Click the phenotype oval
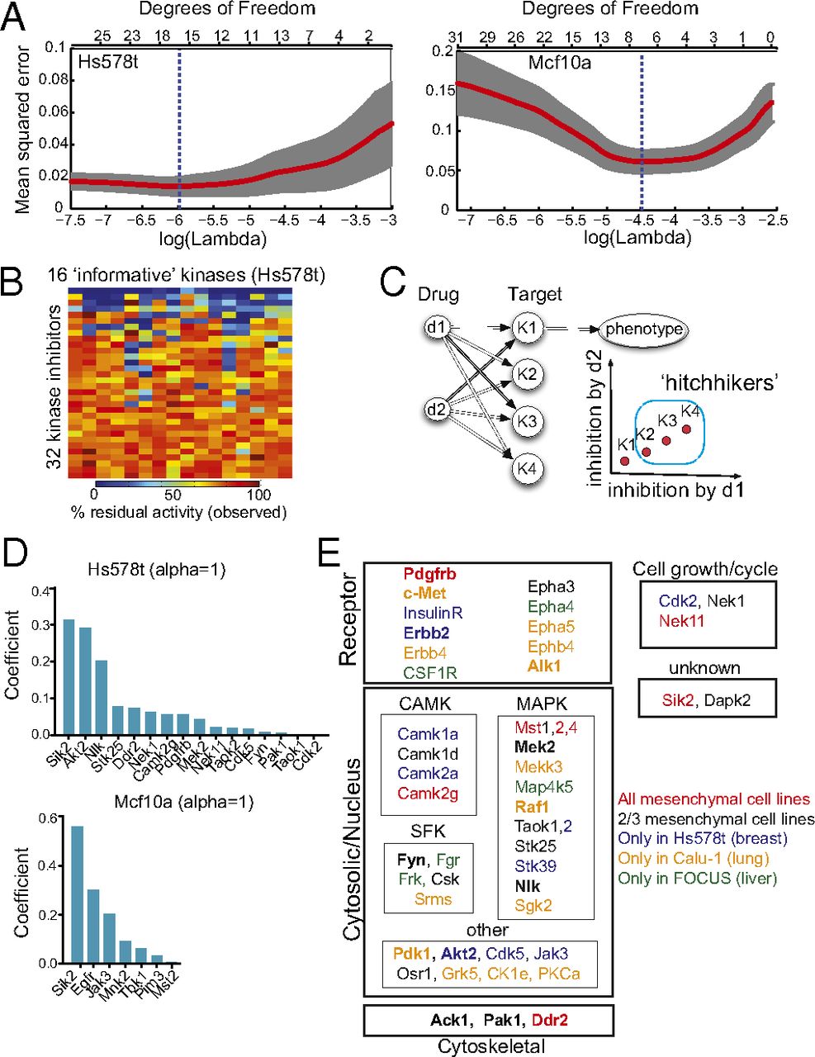644,329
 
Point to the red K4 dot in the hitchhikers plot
686,429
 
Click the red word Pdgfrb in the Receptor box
429,573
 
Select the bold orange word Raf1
533,807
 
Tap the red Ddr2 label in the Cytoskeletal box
550,1020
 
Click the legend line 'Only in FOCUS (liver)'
698,878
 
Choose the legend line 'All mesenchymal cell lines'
714,799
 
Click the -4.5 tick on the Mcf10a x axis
641,220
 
